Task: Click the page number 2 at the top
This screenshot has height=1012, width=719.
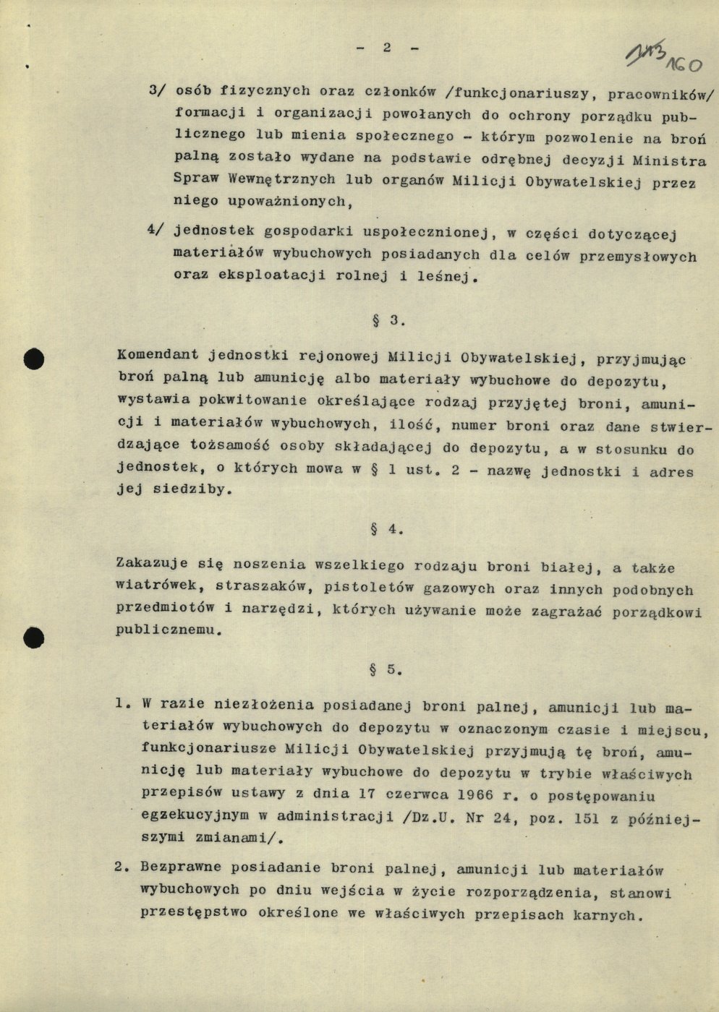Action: click(x=386, y=47)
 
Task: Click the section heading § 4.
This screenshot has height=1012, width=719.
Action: click(x=386, y=529)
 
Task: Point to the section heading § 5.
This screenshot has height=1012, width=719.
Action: click(x=385, y=669)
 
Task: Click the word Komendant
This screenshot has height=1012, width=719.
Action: click(x=158, y=356)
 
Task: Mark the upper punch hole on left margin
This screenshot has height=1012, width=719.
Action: click(x=33, y=359)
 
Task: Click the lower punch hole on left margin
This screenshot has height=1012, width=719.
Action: click(x=33, y=637)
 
